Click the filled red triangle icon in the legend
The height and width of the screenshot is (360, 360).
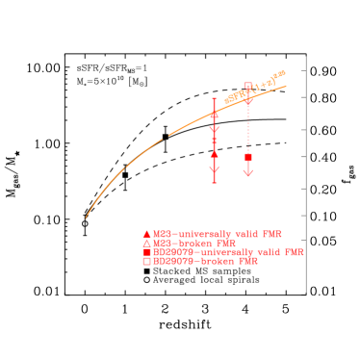(146, 234)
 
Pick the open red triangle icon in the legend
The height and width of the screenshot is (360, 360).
(146, 243)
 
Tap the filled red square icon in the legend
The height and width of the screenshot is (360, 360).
(146, 251)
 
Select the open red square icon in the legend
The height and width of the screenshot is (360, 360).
(146, 261)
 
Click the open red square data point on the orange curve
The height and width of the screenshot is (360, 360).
(248, 87)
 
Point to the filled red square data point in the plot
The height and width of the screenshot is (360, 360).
(248, 156)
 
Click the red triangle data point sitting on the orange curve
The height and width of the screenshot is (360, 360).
(215, 116)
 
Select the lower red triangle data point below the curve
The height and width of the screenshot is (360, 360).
(215, 152)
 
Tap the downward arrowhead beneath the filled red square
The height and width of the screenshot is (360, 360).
(248, 172)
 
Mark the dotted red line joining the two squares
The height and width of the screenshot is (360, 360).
(248, 125)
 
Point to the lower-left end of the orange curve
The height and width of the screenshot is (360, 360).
(87, 217)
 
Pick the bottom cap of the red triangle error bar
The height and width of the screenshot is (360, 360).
(215, 181)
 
